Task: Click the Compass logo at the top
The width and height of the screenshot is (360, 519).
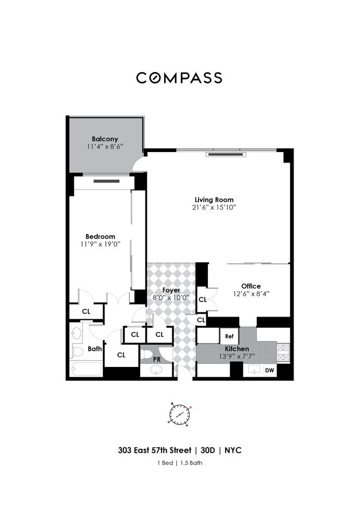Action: [x=179, y=78]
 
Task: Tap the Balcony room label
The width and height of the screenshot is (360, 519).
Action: [x=105, y=139]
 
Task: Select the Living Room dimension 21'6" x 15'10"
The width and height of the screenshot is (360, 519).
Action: [x=214, y=208]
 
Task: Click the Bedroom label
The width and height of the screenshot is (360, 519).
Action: [x=100, y=236]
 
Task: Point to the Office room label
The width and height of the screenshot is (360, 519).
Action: [x=251, y=286]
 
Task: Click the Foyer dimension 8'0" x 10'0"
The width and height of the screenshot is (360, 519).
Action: [x=171, y=297]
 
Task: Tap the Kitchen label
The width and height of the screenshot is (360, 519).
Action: [x=237, y=349]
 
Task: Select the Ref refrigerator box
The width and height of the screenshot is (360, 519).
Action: [x=230, y=336]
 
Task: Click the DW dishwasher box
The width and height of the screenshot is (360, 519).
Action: [x=270, y=371]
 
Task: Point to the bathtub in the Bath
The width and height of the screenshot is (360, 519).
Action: [x=87, y=368]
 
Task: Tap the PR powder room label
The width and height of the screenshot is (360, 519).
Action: [x=157, y=360]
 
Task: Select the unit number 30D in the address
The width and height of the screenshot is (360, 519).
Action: [x=208, y=450]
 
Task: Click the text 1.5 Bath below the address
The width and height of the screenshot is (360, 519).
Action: [x=191, y=463]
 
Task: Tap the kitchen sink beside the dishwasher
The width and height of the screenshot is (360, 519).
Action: [x=255, y=370]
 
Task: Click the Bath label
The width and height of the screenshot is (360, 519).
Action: [x=95, y=349]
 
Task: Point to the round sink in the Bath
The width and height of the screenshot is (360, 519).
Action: [x=76, y=333]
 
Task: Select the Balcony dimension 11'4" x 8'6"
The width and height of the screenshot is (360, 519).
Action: [x=105, y=146]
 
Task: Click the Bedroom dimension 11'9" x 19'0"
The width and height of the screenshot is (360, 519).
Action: [x=100, y=244]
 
